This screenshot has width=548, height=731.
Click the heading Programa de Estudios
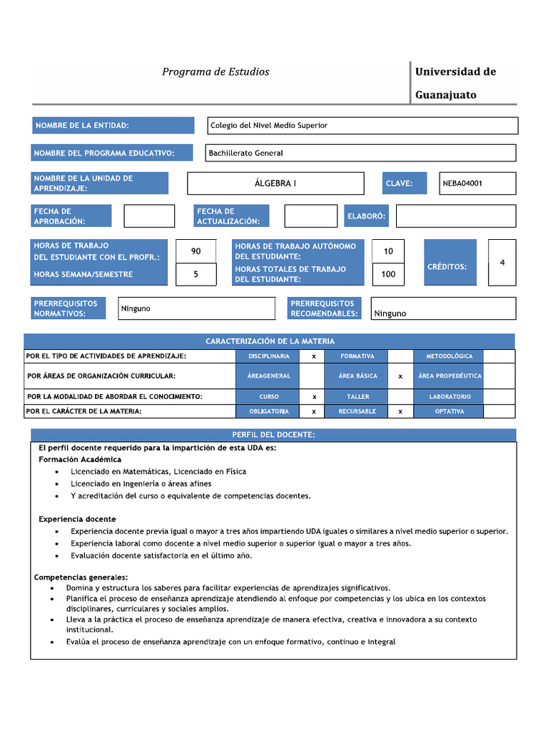(215, 72)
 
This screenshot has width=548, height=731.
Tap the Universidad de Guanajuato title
(455, 83)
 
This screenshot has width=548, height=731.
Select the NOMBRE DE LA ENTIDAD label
(113, 126)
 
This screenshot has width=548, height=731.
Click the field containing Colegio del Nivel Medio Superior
(362, 126)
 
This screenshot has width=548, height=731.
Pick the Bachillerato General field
(360, 153)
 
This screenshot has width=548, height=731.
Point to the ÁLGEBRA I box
(275, 183)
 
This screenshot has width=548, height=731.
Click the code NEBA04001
(477, 183)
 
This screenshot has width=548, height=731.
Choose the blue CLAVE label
(404, 183)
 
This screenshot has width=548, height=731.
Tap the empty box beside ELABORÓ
(455, 216)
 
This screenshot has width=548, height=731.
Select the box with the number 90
(196, 251)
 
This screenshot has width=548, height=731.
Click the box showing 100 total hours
(388, 274)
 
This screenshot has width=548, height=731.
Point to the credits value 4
(502, 263)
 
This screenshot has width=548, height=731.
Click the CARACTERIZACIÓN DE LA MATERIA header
(270, 341)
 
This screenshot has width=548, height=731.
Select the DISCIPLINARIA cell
(268, 356)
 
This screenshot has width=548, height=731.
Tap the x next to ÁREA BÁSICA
(400, 375)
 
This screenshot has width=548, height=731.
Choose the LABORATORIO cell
(449, 396)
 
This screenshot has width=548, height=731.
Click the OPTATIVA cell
(449, 411)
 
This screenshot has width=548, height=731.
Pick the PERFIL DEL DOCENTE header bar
(273, 435)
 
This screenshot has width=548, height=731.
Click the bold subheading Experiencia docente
(77, 519)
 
